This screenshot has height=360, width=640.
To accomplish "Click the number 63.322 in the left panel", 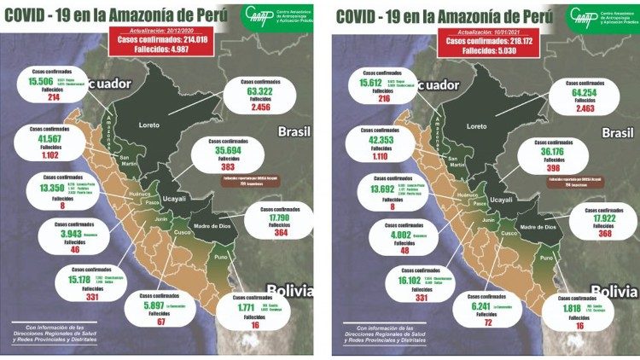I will click(252, 92).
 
